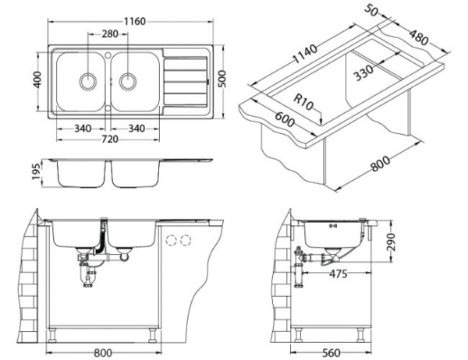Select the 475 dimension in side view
coord(338,274)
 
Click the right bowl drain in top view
coord(127,79)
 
